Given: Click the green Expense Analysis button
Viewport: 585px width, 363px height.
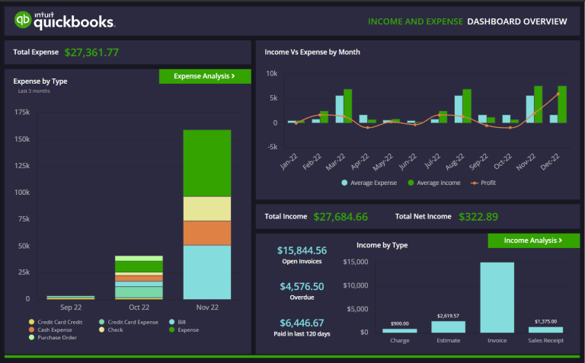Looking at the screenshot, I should coord(204,76).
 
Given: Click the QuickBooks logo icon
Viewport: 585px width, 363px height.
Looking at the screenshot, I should coord(23,21).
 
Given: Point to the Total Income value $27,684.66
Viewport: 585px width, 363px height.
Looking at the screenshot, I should coord(340,217).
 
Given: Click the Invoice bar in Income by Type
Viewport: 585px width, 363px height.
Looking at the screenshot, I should coord(497,298).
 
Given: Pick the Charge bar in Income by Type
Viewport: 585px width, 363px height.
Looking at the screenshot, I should coord(399,330).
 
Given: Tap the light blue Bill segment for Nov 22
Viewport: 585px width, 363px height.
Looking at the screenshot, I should coord(206,272).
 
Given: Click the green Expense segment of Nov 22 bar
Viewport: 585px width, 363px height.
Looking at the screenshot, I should coord(206,163).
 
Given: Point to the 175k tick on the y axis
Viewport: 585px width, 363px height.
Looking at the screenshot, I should coord(22,113).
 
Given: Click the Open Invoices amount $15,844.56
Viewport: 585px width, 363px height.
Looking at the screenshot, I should coord(302,250).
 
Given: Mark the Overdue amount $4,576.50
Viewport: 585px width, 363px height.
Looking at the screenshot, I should coord(302,286).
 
